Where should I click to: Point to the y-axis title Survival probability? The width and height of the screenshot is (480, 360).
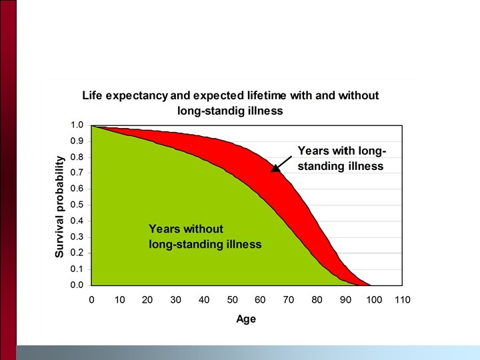[x=59, y=207]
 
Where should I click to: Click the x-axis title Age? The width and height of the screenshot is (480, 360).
[x=245, y=319]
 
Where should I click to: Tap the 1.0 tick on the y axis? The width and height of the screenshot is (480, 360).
[x=77, y=125]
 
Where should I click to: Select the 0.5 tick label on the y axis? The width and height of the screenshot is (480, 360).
[x=77, y=205]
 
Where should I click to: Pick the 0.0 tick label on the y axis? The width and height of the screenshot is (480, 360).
[x=77, y=285]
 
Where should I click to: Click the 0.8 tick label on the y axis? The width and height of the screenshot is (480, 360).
[x=77, y=157]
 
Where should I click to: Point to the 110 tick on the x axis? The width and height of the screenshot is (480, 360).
[x=402, y=300]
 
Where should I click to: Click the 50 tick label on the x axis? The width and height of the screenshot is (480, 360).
[x=233, y=300]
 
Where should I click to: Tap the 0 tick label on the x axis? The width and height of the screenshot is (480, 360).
[x=91, y=300]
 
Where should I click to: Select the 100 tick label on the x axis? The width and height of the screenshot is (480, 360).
[x=374, y=300]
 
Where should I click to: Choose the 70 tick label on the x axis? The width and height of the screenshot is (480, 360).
[x=289, y=300]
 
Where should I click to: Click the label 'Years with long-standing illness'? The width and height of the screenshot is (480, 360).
[x=341, y=158]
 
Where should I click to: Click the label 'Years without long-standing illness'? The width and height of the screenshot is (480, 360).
[x=205, y=237]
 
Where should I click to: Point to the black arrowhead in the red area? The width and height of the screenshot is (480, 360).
[x=275, y=167]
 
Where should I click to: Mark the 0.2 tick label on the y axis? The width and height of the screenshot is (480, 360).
[x=77, y=253]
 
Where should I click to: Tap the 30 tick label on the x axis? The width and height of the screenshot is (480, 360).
[x=176, y=300]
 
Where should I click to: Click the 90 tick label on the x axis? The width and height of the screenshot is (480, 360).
[x=346, y=300]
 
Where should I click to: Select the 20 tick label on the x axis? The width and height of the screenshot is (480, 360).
[x=148, y=300]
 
